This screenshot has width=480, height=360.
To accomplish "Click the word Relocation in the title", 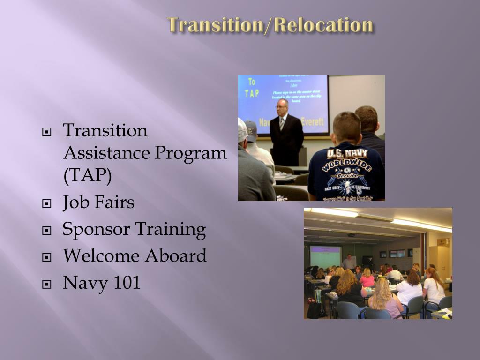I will [x=324, y=24].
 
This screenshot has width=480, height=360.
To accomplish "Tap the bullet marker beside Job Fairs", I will [x=46, y=204].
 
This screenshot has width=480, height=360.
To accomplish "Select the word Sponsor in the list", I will [x=96, y=230].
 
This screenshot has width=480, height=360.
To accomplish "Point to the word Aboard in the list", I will [x=175, y=256].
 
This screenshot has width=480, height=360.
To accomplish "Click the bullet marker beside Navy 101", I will [x=46, y=284].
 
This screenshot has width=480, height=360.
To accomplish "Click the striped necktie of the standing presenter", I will [x=282, y=123].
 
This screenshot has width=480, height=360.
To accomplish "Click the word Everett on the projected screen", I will [x=313, y=122].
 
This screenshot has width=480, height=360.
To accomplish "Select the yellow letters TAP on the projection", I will [x=251, y=93].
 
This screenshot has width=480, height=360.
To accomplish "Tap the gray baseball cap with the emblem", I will [x=251, y=129].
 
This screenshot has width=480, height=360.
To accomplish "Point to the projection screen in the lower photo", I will [x=325, y=256].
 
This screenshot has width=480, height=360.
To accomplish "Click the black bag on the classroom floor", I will [x=314, y=310].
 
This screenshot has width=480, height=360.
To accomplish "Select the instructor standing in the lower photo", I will [x=348, y=262].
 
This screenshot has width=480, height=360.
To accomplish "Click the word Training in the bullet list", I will [x=171, y=230].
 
